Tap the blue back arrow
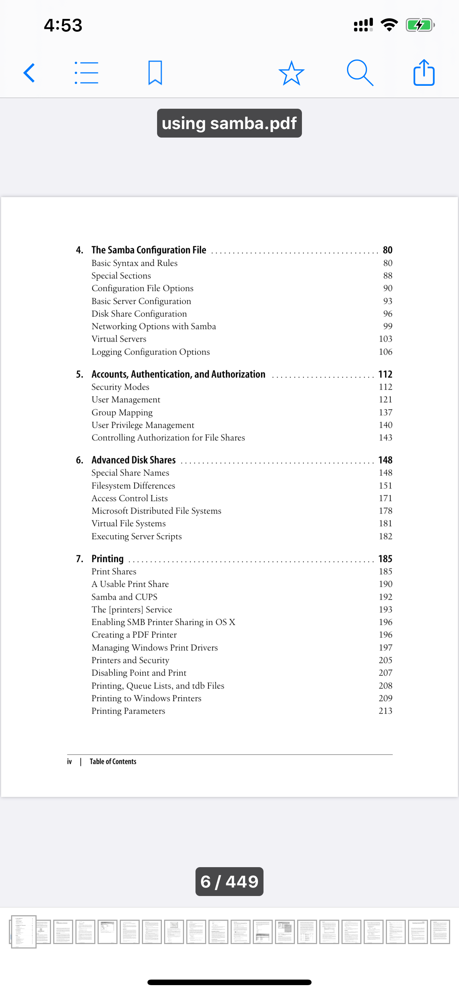click(x=29, y=73)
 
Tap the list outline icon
click(x=86, y=73)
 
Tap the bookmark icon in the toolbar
click(x=155, y=73)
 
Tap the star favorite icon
click(x=291, y=73)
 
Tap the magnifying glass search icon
click(x=360, y=73)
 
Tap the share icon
click(x=424, y=73)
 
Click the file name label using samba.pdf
click(x=229, y=124)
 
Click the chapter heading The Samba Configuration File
click(x=149, y=250)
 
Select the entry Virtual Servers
click(x=119, y=339)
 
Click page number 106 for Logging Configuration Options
click(x=385, y=352)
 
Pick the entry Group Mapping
click(x=122, y=412)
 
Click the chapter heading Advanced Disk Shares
click(x=133, y=460)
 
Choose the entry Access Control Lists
click(x=130, y=498)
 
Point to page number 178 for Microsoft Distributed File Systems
click(x=385, y=511)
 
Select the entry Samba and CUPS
click(x=124, y=597)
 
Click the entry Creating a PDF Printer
click(x=134, y=635)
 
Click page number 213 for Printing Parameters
click(x=385, y=711)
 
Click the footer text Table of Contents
click(x=113, y=761)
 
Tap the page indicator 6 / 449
click(x=229, y=882)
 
